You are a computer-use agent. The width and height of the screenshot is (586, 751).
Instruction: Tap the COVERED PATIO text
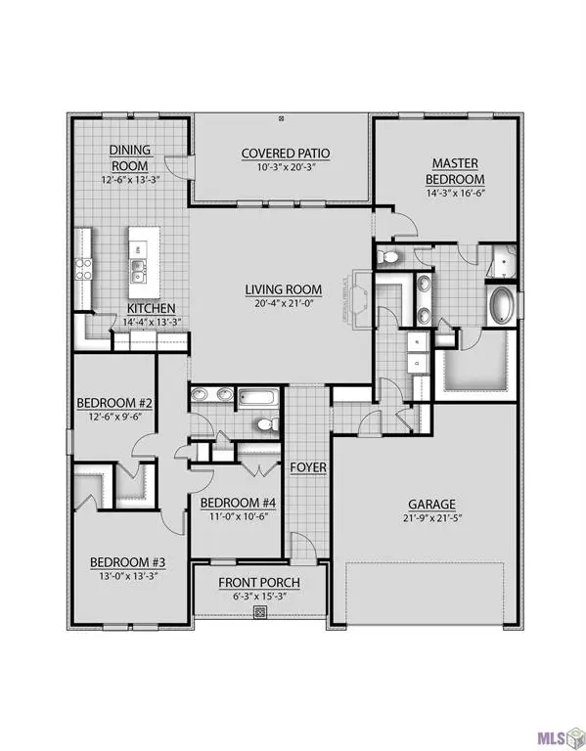286,154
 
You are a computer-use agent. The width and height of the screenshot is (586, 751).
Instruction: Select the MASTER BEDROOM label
456,172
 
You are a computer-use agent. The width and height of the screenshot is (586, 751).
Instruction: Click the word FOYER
307,467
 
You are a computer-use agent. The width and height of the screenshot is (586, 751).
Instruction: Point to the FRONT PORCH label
259,584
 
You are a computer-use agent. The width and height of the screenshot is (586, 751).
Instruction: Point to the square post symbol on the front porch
260,613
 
